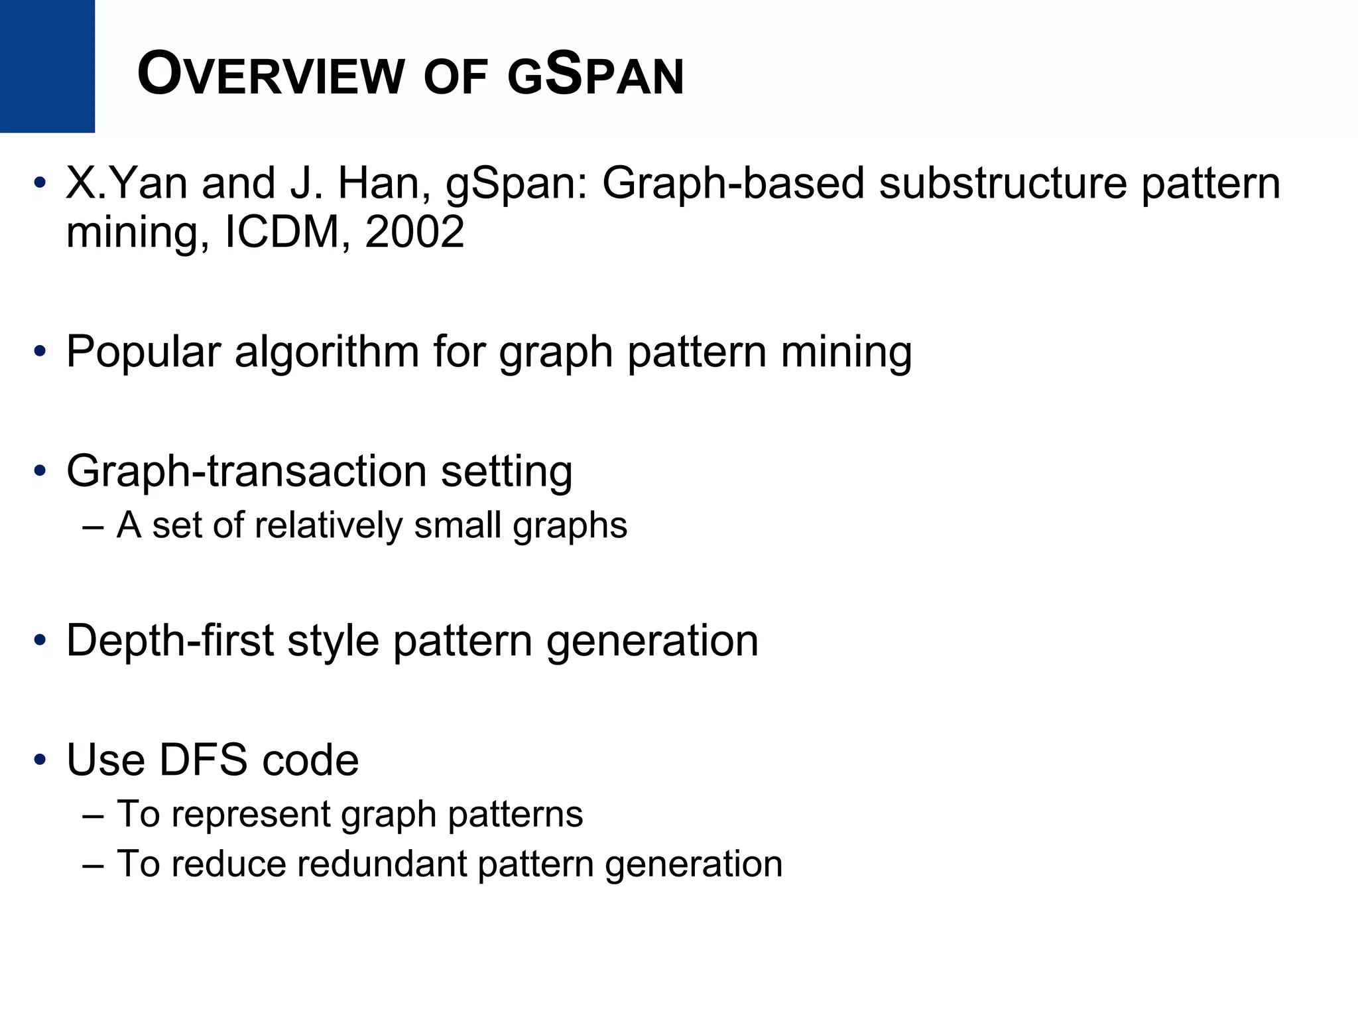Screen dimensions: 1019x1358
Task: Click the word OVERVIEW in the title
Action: (271, 76)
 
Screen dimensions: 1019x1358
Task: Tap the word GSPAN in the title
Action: (595, 76)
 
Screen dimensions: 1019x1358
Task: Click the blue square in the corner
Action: (47, 66)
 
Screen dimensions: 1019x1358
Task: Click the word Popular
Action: (143, 352)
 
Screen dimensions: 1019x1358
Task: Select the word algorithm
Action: (326, 352)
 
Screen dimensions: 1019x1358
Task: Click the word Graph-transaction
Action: (246, 471)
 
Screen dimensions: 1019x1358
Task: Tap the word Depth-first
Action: (170, 641)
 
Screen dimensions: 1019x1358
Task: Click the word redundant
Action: (380, 864)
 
